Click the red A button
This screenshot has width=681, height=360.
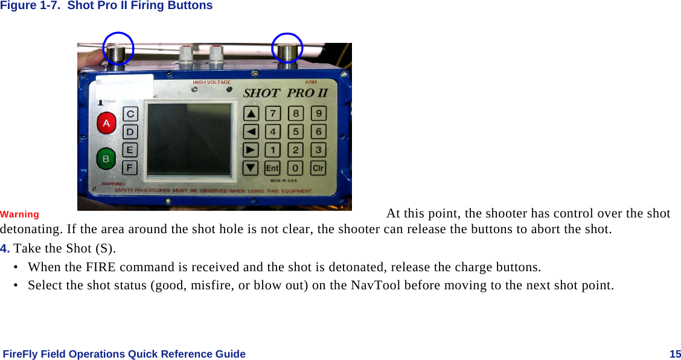[x=107, y=124]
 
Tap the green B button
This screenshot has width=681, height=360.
[x=106, y=159]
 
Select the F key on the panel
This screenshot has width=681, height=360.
[x=130, y=167]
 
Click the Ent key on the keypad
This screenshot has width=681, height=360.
[x=272, y=169]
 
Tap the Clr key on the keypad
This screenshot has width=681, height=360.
[x=318, y=169]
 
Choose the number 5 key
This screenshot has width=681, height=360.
[x=296, y=131]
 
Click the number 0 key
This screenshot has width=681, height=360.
[x=295, y=169]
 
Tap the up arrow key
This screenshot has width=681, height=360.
[x=251, y=114]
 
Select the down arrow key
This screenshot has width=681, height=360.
[x=251, y=169]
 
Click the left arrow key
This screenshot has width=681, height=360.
[x=251, y=131]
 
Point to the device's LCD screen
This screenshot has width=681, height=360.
[x=190, y=140]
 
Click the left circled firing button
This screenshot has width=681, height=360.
[x=118, y=50]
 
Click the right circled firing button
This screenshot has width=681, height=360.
[x=287, y=50]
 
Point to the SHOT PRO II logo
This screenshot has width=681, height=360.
[x=285, y=93]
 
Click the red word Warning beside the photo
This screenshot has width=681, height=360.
[x=20, y=214]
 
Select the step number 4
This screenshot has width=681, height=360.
[x=5, y=249]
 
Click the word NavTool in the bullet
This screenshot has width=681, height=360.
[x=373, y=285]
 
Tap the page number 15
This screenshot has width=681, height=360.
[x=675, y=354]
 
